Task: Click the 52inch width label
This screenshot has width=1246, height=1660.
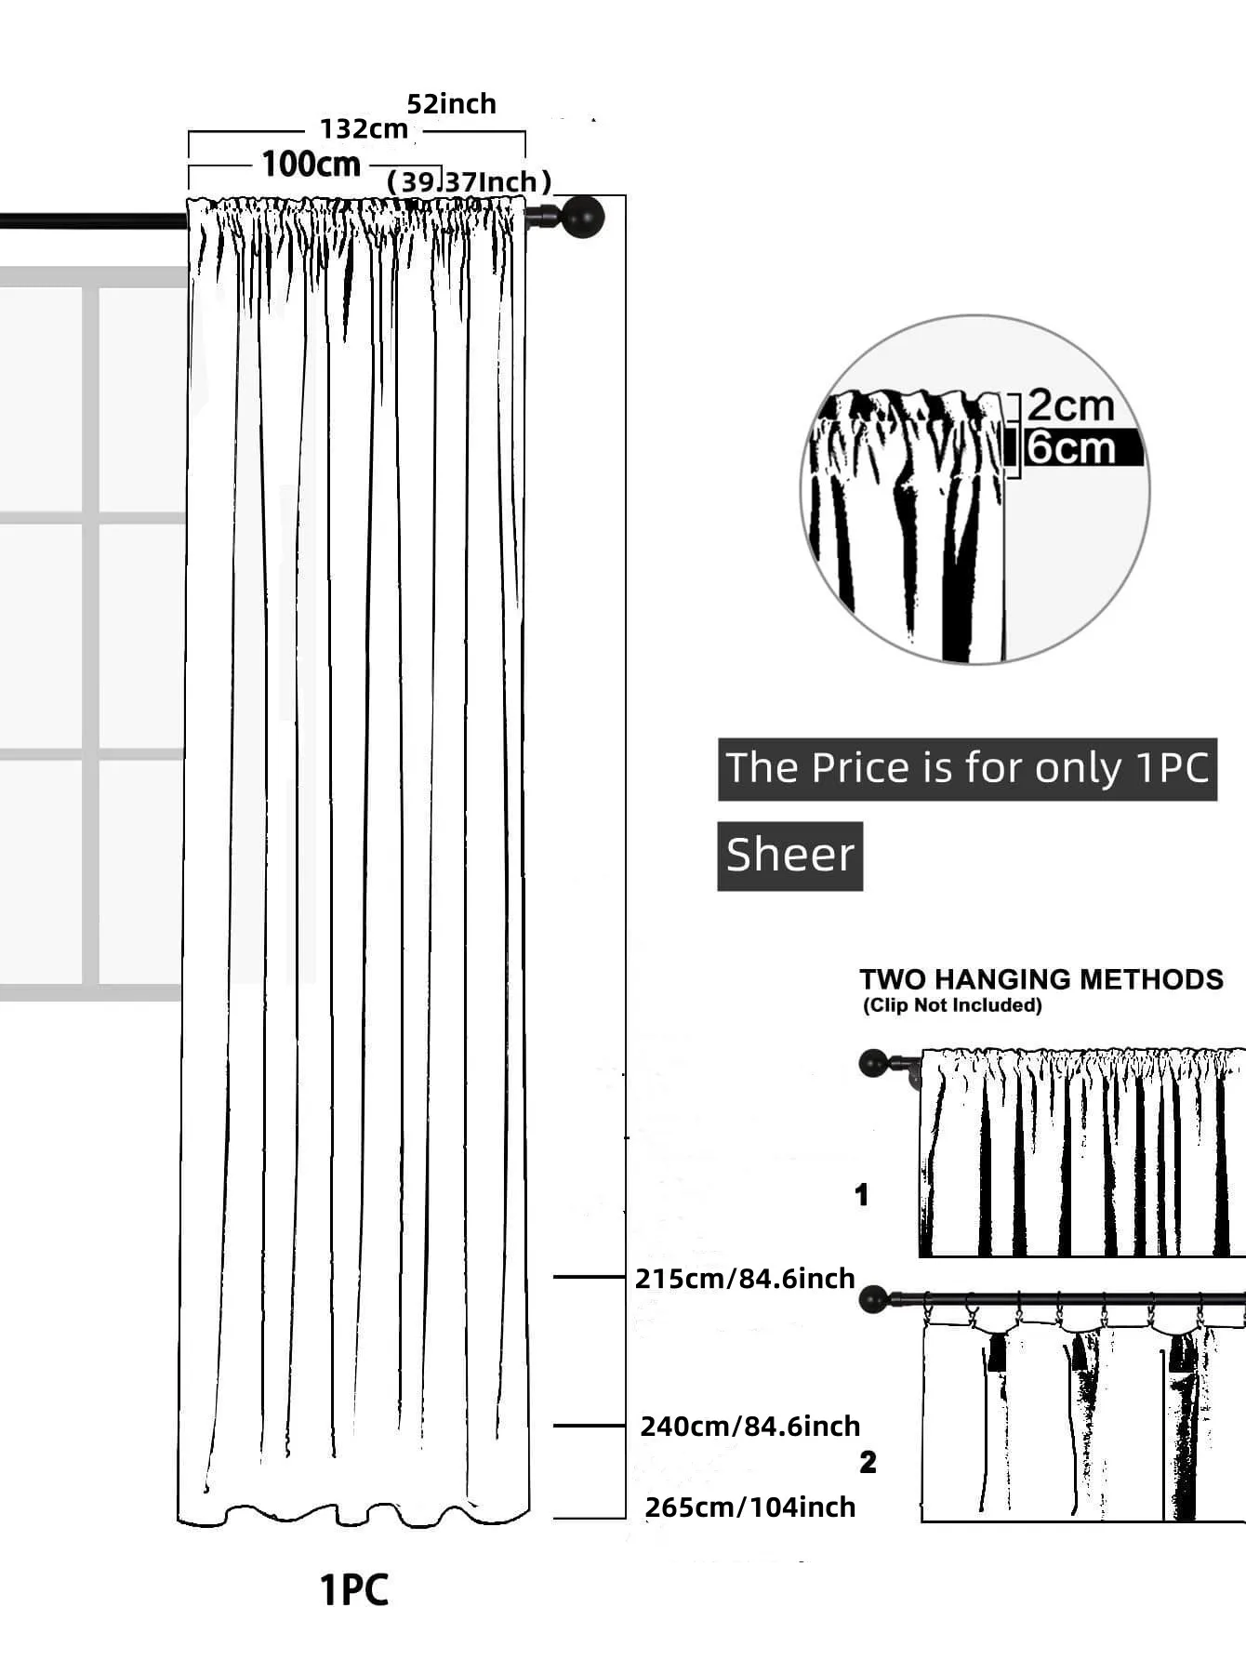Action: (x=451, y=103)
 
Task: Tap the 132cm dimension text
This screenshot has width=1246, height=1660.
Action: (x=364, y=129)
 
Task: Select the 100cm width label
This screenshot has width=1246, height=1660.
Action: (x=311, y=165)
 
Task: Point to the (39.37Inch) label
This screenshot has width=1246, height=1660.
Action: (x=470, y=181)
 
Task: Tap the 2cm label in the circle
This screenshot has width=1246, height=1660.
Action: (x=1069, y=405)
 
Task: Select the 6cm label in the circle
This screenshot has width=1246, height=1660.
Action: (x=1070, y=447)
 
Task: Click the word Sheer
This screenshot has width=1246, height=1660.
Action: (x=789, y=856)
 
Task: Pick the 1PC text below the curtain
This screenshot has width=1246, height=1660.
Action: (x=353, y=1589)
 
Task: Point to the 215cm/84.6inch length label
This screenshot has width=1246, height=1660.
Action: (x=745, y=1279)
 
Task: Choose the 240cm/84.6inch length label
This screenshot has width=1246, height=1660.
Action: (x=749, y=1426)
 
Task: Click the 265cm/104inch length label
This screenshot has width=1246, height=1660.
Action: (x=750, y=1507)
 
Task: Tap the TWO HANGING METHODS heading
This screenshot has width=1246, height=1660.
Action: (x=1041, y=979)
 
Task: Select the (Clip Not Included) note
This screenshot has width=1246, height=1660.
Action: (x=952, y=1005)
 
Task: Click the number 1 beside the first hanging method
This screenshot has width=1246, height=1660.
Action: (x=862, y=1194)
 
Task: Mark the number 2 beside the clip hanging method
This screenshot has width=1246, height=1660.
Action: (x=868, y=1462)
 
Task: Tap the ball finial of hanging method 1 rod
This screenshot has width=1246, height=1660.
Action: (x=873, y=1062)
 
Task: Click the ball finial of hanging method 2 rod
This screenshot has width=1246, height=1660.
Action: (x=874, y=1298)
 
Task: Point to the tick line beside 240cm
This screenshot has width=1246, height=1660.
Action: (x=588, y=1425)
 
